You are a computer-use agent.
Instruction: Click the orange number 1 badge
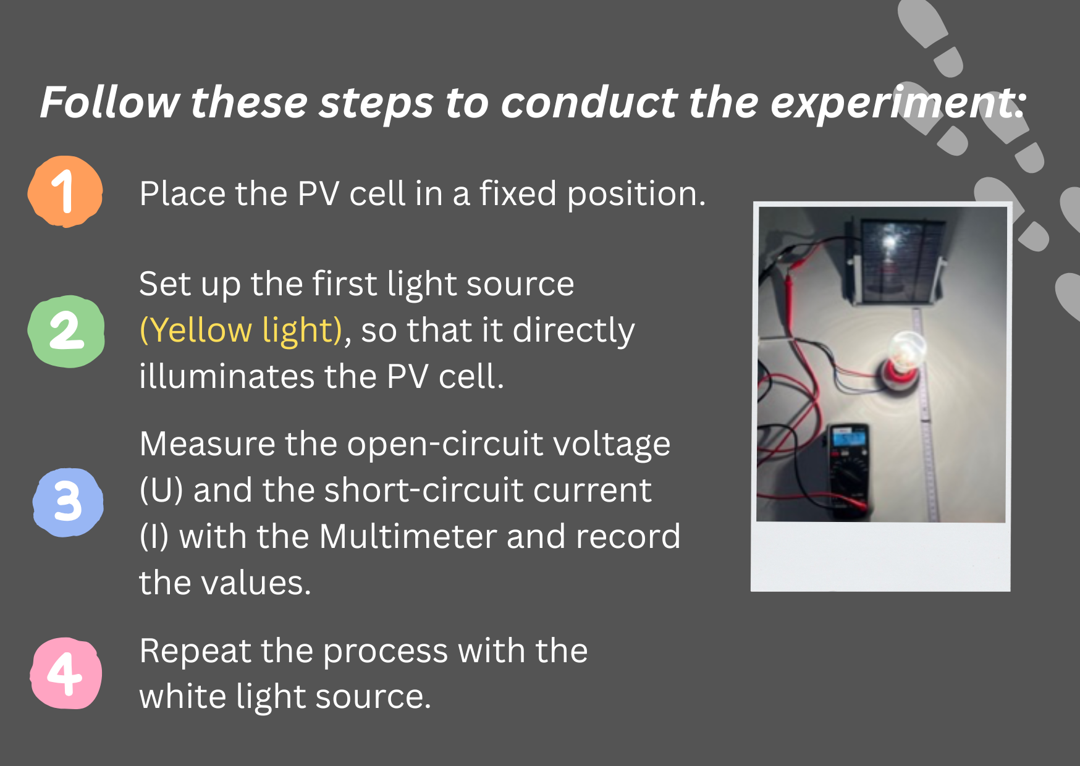(x=65, y=191)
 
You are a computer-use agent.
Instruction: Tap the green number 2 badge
(x=66, y=331)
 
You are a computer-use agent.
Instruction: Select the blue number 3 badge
(x=67, y=502)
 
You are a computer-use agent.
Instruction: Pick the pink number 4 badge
(x=66, y=673)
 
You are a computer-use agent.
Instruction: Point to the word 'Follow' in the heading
(x=110, y=102)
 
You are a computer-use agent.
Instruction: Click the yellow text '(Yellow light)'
(x=241, y=330)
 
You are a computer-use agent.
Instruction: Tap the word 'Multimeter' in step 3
(x=408, y=536)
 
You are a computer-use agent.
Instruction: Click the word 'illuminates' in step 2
(x=226, y=376)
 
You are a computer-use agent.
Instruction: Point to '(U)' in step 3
(x=161, y=490)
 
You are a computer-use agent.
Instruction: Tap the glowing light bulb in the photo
(x=905, y=349)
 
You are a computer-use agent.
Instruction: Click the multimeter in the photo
(x=849, y=470)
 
